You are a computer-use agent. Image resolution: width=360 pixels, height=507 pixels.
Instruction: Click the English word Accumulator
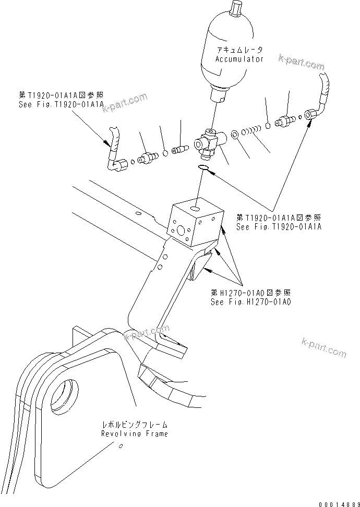point(239,59)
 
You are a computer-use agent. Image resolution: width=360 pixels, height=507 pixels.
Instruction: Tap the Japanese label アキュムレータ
point(239,50)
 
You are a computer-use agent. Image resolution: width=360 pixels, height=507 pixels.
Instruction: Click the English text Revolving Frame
point(135,434)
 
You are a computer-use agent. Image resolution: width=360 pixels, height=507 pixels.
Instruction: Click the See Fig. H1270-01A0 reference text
point(250,302)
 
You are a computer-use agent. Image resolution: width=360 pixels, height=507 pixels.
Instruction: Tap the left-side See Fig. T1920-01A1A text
point(61,104)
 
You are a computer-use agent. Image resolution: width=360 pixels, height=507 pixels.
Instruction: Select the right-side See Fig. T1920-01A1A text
point(279,227)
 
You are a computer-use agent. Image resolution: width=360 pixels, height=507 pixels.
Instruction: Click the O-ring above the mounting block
point(204,167)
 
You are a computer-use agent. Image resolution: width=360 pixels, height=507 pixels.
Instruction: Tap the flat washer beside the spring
point(236,135)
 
